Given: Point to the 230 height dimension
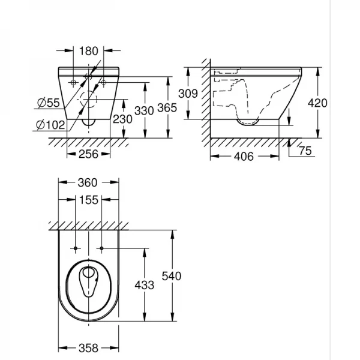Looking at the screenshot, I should [x=122, y=119].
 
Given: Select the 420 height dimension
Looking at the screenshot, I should [x=317, y=103].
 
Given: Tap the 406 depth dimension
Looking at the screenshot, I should [x=244, y=156].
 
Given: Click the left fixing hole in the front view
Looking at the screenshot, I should [x=73, y=80].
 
